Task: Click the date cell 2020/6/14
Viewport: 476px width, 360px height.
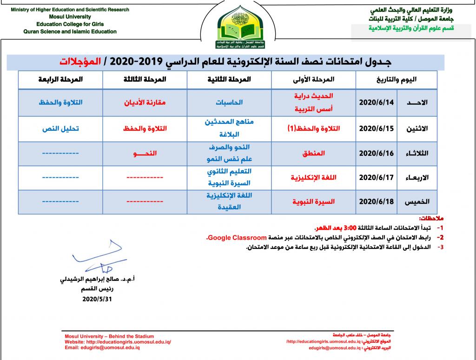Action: [x=376, y=102]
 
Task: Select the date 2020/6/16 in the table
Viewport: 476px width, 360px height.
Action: [x=376, y=153]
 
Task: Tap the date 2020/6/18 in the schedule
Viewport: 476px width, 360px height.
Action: [x=376, y=202]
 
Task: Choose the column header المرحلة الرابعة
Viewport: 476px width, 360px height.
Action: [x=60, y=80]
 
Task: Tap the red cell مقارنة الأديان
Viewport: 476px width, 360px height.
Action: [x=145, y=102]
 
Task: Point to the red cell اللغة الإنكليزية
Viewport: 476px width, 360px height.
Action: [x=312, y=177]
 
